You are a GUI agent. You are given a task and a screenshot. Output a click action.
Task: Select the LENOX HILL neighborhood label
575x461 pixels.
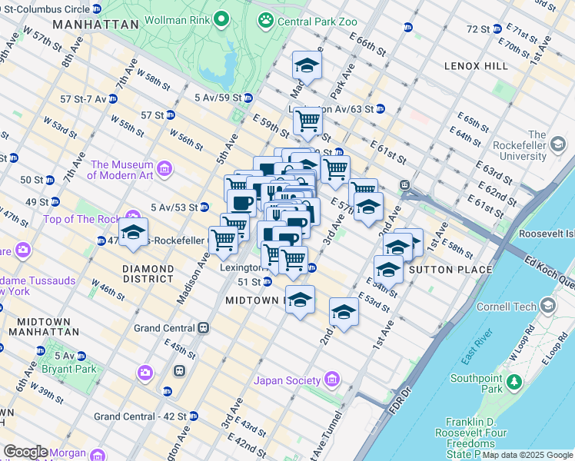(476, 66)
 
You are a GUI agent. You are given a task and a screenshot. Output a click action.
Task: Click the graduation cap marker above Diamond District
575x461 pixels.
(133, 233)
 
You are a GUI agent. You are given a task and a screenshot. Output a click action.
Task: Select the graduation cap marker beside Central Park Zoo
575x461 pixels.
(307, 66)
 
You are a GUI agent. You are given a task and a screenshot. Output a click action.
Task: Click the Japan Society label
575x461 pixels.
(287, 380)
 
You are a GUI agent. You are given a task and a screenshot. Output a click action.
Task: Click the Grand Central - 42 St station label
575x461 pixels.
(141, 416)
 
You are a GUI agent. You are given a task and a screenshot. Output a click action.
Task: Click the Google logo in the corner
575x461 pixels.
(25, 452)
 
